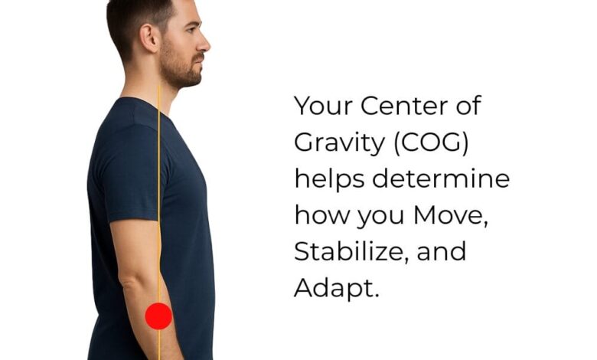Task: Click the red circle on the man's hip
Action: (158, 316)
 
